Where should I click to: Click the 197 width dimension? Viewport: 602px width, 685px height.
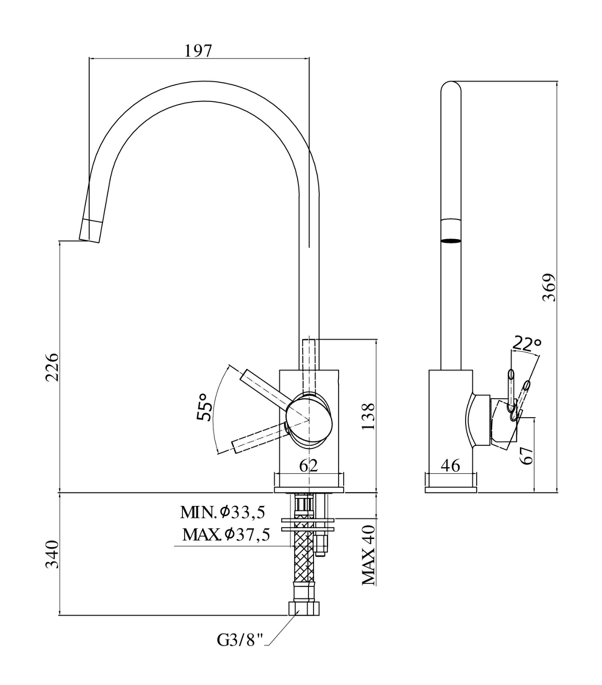point(198,51)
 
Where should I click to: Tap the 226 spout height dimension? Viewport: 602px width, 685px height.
point(52,367)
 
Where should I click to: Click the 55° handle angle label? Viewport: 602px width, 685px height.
point(203,408)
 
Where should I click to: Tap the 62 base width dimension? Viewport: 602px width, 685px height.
point(309,466)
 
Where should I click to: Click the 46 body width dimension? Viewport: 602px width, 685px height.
point(450,466)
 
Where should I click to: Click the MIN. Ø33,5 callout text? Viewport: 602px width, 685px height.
point(223,512)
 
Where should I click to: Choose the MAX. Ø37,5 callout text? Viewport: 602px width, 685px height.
point(226,534)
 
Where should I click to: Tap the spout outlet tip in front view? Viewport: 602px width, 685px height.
point(90,230)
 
